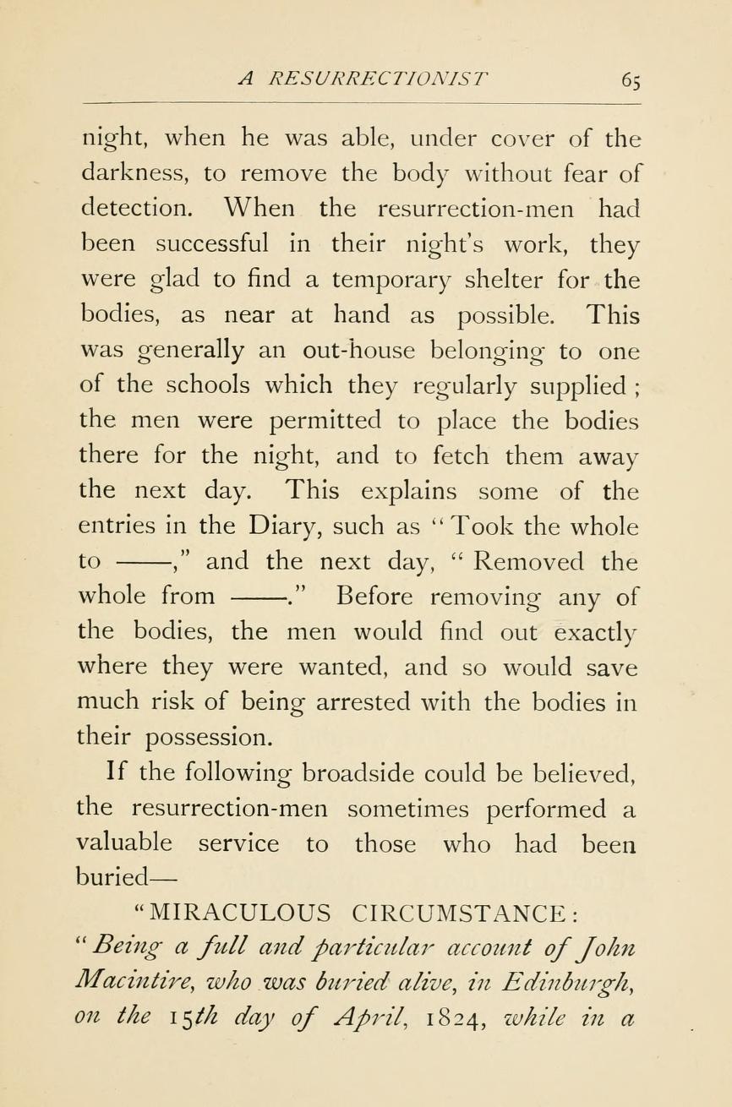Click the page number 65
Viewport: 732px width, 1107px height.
(x=632, y=79)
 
